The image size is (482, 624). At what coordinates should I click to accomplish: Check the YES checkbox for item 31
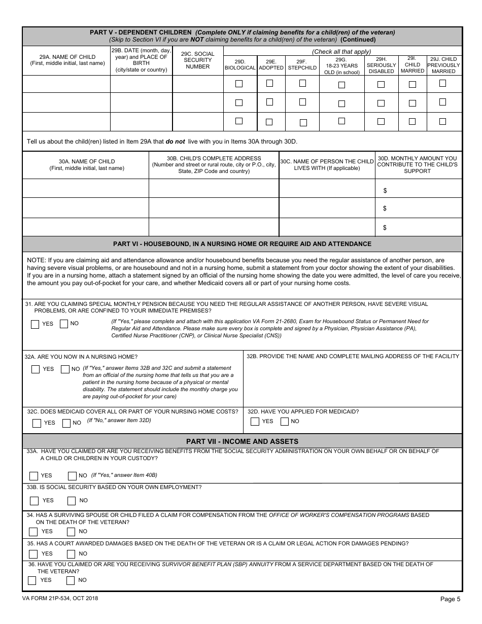[x=35, y=324]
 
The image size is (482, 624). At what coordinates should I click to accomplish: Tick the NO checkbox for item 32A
[x=65, y=369]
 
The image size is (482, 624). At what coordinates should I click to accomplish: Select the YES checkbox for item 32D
[x=255, y=422]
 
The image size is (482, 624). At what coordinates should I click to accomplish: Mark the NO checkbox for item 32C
[x=66, y=423]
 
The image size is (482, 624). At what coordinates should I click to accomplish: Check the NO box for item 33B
[x=71, y=501]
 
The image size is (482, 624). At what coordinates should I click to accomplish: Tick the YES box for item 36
[x=32, y=580]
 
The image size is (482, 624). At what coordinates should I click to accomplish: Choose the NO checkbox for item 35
[x=71, y=554]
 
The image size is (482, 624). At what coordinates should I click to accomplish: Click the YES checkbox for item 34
[x=33, y=532]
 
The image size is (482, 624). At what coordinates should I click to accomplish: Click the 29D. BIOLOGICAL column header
[x=240, y=64]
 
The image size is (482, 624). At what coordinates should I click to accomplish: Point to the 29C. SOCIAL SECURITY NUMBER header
[x=197, y=60]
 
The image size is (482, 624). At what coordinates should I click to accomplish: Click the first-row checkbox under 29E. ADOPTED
[x=269, y=83]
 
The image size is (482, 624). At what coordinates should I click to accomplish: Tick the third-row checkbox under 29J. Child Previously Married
[x=442, y=121]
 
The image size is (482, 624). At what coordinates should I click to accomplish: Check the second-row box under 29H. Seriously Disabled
[x=381, y=103]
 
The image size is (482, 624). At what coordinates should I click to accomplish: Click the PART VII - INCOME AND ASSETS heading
[x=242, y=441]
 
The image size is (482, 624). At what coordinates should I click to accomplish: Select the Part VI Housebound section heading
[x=242, y=244]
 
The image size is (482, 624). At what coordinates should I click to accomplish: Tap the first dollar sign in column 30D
[x=385, y=191]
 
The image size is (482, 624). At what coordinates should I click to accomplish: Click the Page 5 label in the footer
[x=450, y=599]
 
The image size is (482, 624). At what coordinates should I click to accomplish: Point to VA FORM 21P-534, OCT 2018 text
[x=60, y=598]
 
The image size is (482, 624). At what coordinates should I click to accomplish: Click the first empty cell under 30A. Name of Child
[x=86, y=188]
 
